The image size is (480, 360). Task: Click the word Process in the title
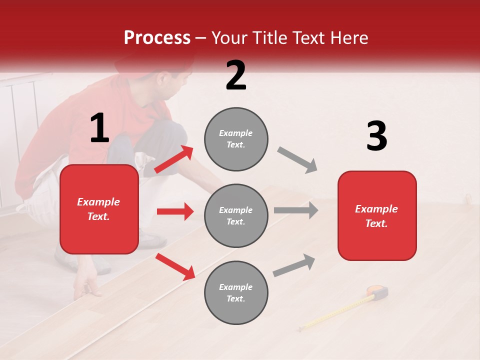157,38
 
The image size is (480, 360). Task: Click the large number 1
99,128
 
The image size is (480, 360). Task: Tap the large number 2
236,75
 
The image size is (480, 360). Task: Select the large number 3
376,136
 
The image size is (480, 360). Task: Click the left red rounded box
99,209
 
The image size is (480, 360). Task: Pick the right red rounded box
377,215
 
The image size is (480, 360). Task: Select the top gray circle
236,139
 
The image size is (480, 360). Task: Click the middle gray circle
236,215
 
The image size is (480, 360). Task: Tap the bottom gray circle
236,292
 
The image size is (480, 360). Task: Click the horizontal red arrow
175,211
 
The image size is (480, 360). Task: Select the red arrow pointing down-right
175,266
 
